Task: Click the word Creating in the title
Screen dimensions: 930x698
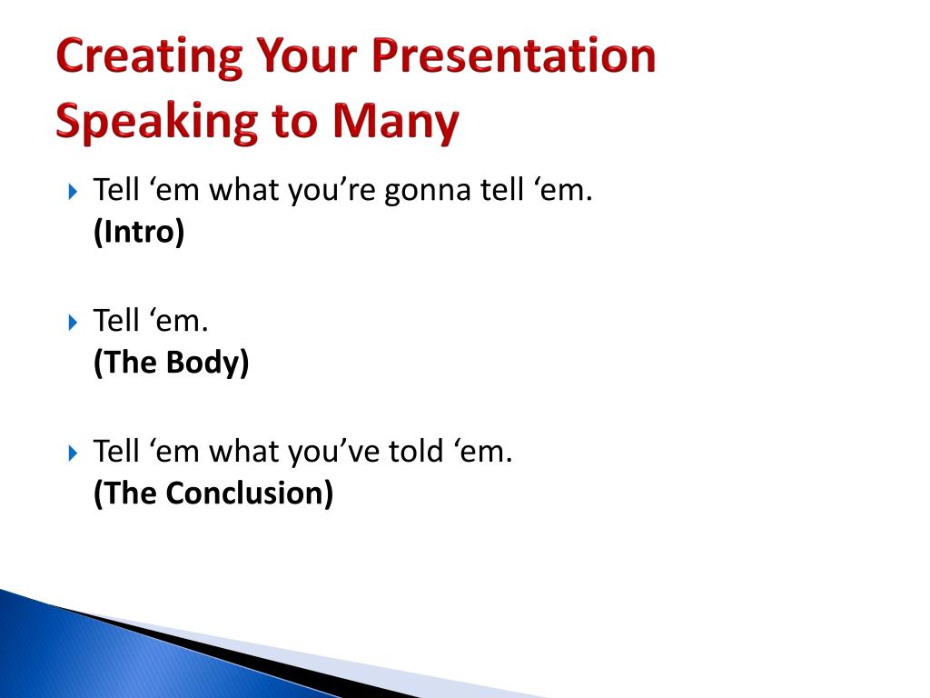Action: [x=150, y=57]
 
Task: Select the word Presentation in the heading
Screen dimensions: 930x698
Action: [x=514, y=55]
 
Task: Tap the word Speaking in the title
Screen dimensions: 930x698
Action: [x=156, y=123]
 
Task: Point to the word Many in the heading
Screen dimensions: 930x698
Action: [x=396, y=123]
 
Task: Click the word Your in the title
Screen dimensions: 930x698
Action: [x=307, y=55]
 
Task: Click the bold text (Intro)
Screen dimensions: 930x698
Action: [x=139, y=231]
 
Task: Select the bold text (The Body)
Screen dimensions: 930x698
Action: [x=172, y=362]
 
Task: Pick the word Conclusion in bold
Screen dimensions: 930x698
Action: [x=250, y=492]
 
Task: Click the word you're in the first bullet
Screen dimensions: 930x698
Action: [x=331, y=191]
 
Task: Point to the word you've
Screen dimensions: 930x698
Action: [x=333, y=453]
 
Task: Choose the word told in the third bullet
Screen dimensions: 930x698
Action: [x=416, y=451]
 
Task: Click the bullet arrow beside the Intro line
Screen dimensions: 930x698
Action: [x=73, y=192]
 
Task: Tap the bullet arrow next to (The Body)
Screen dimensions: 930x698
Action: [x=73, y=323]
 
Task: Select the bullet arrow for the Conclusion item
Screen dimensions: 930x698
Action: [x=73, y=453]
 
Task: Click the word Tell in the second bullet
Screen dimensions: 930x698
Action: [x=116, y=321]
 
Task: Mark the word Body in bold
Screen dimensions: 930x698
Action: [x=207, y=363]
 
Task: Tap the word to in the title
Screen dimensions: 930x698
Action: [x=295, y=122]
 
